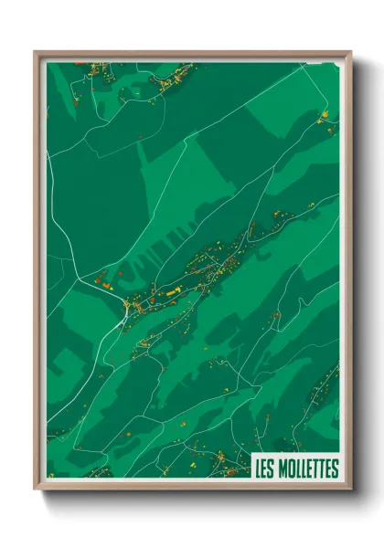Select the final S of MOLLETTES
click(x=335, y=469)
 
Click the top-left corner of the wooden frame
click(x=36, y=52)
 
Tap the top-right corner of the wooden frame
click(x=350, y=52)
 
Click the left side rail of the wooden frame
click(x=37, y=274)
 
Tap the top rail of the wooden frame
click(x=192, y=53)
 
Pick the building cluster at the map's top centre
click(x=169, y=80)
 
